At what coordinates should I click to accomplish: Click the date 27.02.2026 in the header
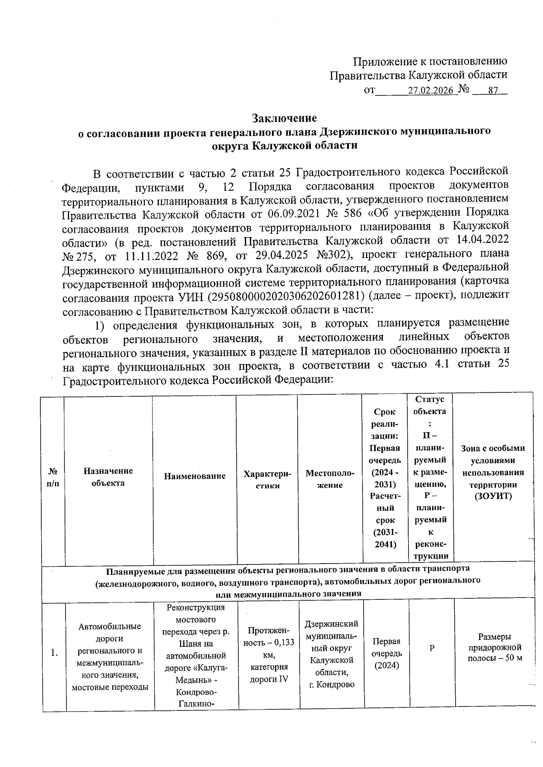tap(430, 90)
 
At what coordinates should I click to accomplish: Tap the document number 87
tap(493, 90)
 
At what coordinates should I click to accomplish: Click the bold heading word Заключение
tap(284, 118)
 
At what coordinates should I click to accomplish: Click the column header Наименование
tap(195, 476)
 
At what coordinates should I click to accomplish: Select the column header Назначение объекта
tap(108, 476)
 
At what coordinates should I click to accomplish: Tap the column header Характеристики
tap(267, 480)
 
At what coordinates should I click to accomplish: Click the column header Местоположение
tap(330, 479)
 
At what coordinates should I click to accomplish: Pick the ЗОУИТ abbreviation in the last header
tap(493, 496)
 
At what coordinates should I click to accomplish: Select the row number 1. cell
tap(54, 653)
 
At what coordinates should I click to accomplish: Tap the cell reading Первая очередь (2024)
tap(386, 654)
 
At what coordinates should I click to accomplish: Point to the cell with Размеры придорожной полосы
tap(495, 647)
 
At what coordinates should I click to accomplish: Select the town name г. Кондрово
tap(332, 685)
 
